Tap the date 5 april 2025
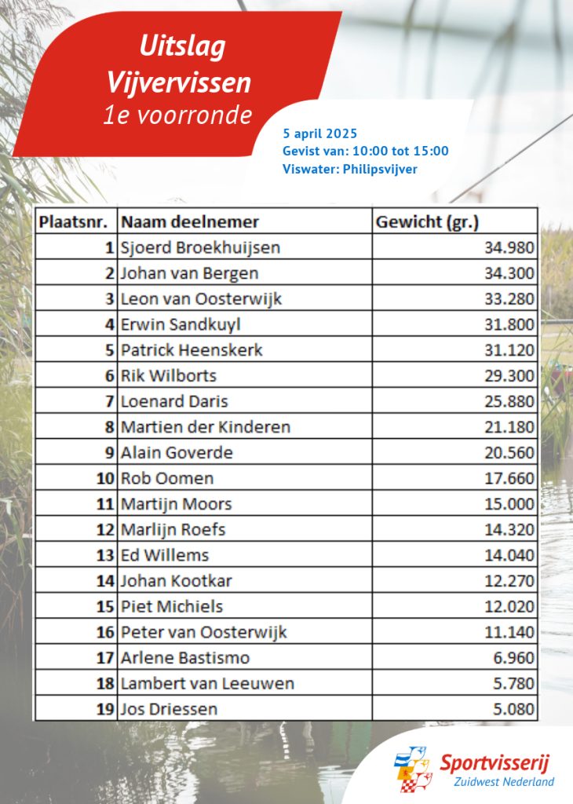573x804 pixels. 319,133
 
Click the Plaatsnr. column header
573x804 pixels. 74,221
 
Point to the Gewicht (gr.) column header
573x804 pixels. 427,221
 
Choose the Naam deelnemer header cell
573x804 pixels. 190,221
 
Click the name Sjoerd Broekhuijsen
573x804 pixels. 200,247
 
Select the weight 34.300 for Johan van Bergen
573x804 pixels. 509,273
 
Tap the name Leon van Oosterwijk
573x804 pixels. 201,298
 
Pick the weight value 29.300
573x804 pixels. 509,375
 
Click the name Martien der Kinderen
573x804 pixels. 206,427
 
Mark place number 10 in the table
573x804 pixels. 106,478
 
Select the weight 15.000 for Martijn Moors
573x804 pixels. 509,504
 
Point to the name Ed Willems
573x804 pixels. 165,555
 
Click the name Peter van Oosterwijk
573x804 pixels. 204,632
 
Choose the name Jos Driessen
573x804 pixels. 169,709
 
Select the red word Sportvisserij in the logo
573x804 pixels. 495,762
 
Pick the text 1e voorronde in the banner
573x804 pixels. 179,115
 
